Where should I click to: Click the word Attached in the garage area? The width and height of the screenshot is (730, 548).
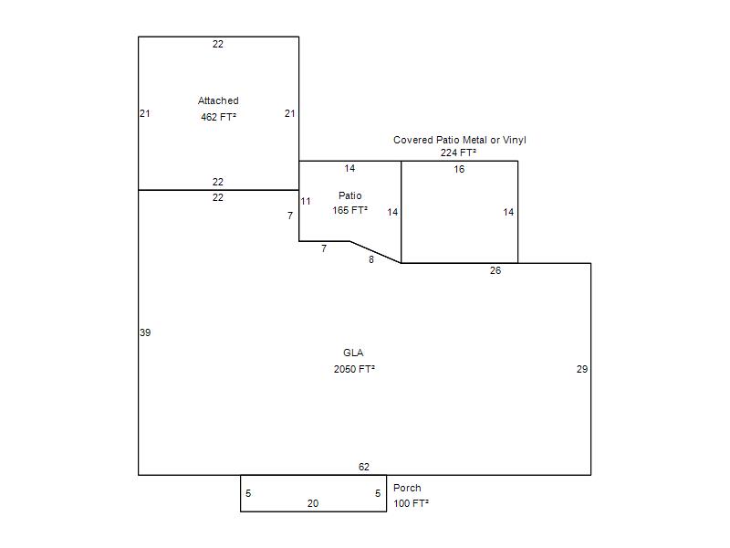pos(218,100)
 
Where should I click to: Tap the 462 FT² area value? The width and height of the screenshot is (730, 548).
pos(218,117)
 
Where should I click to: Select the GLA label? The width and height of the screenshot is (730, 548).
pos(353,353)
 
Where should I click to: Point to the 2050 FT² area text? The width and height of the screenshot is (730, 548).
pos(354,369)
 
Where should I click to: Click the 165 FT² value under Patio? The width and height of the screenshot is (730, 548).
pos(350,210)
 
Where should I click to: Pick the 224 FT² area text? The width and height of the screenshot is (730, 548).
pos(459,153)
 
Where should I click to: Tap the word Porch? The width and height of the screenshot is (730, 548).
pos(407,488)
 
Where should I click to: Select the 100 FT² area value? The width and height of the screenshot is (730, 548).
pos(412,503)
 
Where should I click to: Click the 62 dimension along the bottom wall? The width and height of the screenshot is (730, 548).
pos(364,467)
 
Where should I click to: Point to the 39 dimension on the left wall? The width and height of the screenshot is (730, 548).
pos(145,332)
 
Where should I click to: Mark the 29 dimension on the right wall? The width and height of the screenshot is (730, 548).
pos(582,369)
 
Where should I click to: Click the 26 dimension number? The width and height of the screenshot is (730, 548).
pos(495,270)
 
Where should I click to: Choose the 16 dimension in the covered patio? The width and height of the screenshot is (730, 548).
pos(460,169)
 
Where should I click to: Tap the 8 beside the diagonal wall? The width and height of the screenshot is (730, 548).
pos(371,259)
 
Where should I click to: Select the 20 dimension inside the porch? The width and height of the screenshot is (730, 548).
pos(313,503)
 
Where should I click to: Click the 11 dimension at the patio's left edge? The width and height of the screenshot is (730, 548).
pos(306,201)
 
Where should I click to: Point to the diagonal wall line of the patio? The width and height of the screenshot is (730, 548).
pos(375,252)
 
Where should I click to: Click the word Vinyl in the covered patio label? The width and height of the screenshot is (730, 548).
pos(515,140)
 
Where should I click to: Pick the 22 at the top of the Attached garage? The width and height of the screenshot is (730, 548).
pos(218,44)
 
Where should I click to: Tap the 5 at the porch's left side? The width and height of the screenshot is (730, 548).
pos(248,493)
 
